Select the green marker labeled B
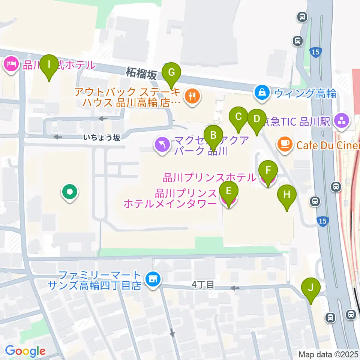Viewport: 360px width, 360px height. (213, 135)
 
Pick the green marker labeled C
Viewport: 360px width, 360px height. (238, 116)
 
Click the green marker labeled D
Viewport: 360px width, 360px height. (256, 119)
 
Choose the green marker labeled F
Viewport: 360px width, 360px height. (268, 170)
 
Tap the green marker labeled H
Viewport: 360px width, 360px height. (287, 195)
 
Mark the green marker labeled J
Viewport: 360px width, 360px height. (310, 288)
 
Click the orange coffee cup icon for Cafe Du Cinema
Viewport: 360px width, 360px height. (285, 144)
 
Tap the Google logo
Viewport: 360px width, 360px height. (25, 351)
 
